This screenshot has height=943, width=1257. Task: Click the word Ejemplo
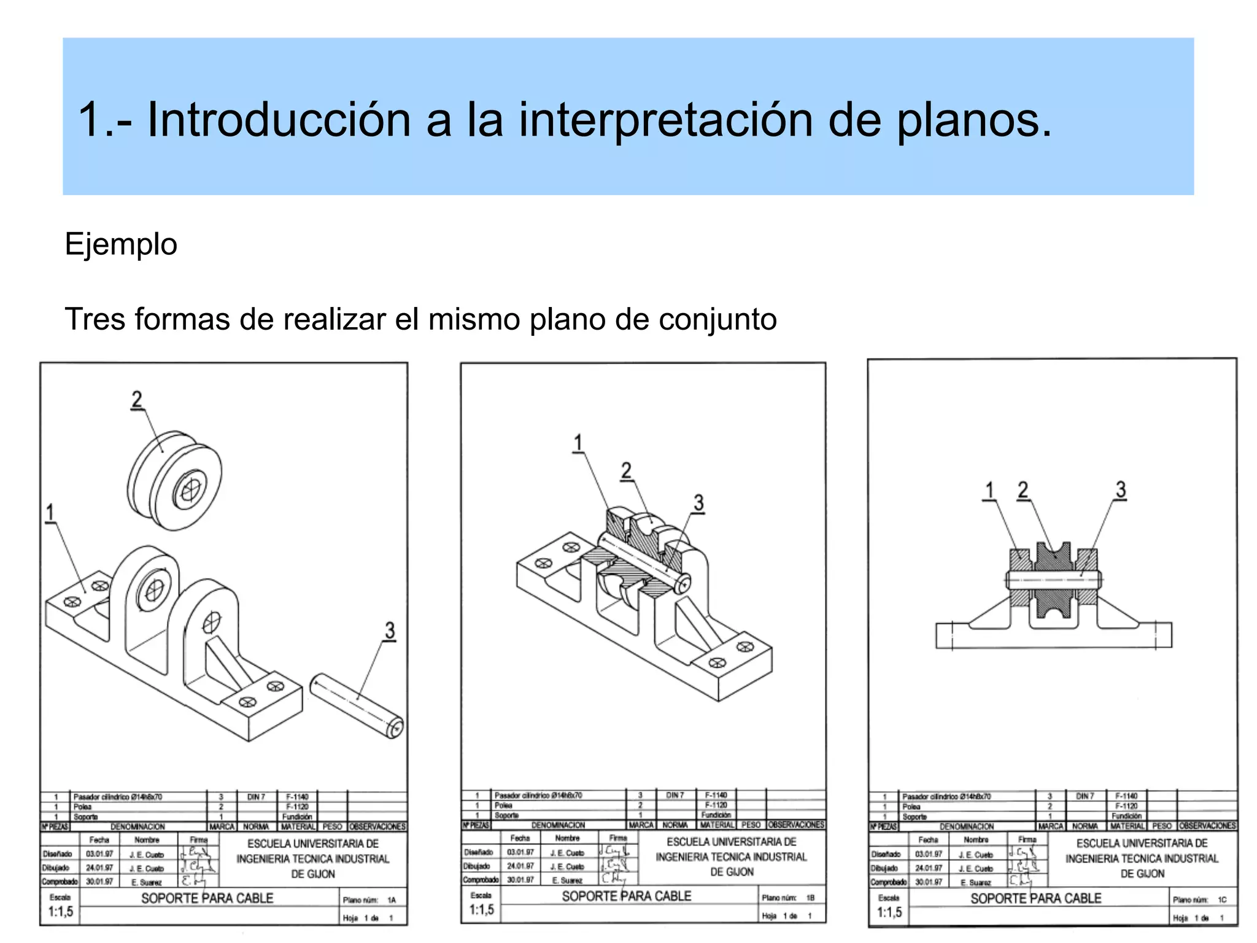pos(121,244)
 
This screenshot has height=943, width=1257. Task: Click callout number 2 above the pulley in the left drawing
pos(136,400)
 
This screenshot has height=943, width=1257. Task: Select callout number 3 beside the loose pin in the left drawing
pos(390,630)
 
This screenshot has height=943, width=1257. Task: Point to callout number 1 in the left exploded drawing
pos(50,512)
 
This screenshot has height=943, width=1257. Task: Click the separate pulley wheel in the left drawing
pos(175,479)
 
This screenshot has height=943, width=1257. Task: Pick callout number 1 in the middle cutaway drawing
pos(577,443)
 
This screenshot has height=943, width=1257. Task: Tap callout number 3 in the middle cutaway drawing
pos(698,503)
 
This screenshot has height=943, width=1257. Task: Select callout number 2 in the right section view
pos(1023,490)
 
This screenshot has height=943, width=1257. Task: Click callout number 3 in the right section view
pos(1121,489)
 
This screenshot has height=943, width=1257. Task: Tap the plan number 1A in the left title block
pos(392,900)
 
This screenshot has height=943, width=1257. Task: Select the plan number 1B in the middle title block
pos(810,898)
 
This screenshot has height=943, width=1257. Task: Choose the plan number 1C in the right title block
pos(1221,899)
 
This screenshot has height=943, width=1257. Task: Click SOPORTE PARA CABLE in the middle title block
pos(626,896)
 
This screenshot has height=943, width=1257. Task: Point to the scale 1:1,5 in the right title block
pos(889,912)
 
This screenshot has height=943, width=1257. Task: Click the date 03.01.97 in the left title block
pos(99,854)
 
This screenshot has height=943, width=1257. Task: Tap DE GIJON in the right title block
pos(1142,873)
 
